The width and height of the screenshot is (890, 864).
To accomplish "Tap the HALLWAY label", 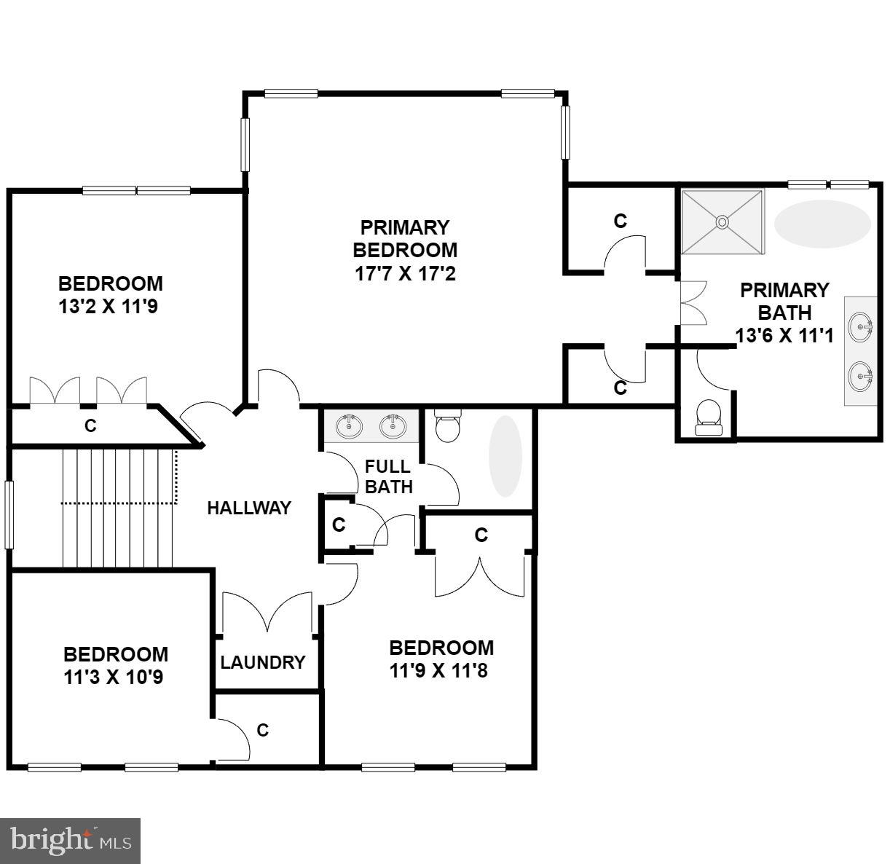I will coord(249,508).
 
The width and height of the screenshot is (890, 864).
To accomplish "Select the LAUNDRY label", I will coord(263,662).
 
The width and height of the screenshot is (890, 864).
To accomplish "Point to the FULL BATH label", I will coord(388,477).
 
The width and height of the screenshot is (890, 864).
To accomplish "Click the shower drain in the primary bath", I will coord(722,221).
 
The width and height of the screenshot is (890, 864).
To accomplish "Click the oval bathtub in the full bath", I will coord(505,456).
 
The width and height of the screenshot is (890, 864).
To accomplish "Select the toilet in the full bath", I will coord(446,426).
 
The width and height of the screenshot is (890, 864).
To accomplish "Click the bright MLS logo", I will coord(71,841).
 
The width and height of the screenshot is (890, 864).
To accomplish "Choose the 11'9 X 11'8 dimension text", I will coord(438,670).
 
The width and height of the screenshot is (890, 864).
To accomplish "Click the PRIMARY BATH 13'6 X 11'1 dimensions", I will coord(784,335).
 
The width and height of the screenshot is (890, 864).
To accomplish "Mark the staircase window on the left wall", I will coord(9,514).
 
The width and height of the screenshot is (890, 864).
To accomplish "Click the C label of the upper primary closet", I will coord(621,221).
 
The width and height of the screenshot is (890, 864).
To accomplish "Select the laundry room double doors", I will coord(267,611).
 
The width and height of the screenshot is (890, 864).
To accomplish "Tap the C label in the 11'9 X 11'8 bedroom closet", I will coord(481,535).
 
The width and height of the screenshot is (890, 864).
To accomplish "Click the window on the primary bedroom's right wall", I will coord(565,132).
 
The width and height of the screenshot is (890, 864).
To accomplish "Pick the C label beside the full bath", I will coord(339,525).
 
